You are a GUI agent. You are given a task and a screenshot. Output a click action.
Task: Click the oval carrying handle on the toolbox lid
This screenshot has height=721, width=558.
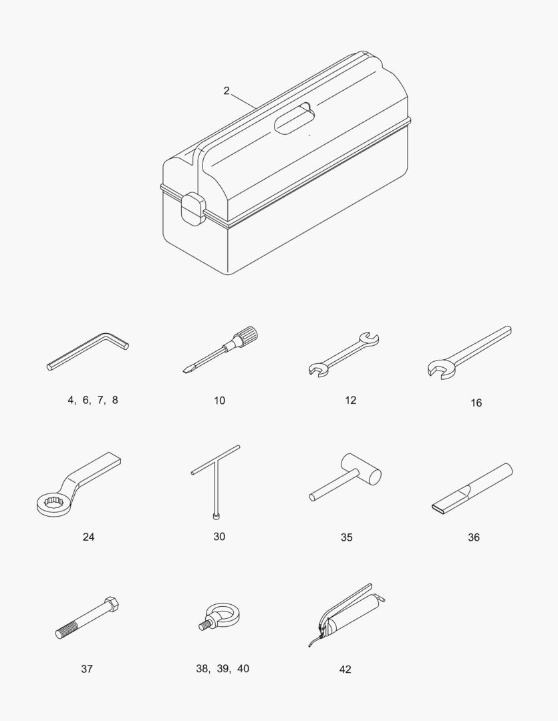point(294,118)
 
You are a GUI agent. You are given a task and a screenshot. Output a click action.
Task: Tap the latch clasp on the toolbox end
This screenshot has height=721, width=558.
point(193,210)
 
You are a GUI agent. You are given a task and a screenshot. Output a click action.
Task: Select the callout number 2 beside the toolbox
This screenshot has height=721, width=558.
point(226,91)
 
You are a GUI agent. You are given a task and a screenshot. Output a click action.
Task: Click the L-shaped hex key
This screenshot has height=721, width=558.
point(88,351)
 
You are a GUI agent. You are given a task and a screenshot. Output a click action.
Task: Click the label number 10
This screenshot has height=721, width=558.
point(220,401)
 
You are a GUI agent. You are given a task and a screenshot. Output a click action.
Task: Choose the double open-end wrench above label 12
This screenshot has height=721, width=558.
point(343,354)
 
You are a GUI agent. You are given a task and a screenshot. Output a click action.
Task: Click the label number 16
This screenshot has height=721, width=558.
point(476,403)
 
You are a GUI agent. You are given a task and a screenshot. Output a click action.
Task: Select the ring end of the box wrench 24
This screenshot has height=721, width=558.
point(53,504)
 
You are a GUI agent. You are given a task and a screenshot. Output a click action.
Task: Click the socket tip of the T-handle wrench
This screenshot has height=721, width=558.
point(215,516)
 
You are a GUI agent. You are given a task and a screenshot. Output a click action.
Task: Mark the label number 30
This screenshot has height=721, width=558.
point(219,537)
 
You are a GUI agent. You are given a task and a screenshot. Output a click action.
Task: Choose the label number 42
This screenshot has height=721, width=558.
point(345,670)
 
